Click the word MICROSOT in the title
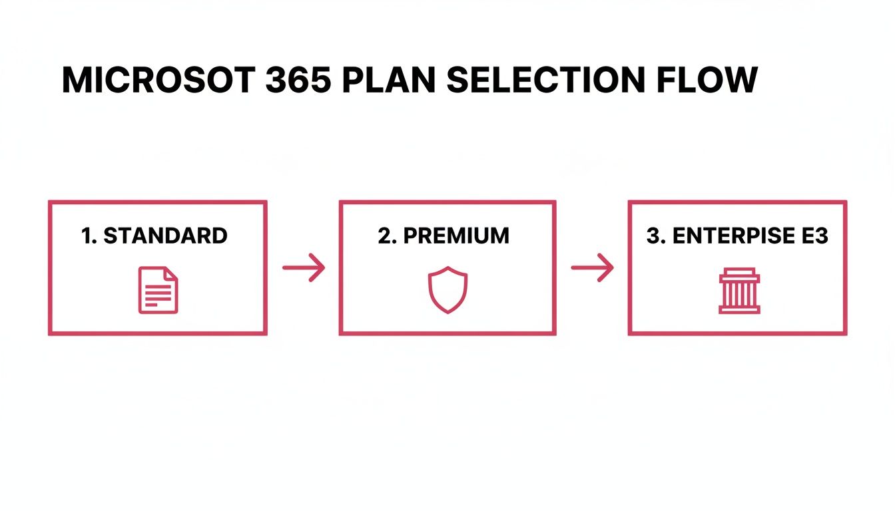click(157, 81)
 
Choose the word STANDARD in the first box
click(166, 236)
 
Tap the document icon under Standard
click(158, 290)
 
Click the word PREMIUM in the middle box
click(456, 236)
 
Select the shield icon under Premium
click(447, 290)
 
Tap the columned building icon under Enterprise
click(739, 291)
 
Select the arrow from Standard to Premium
click(304, 268)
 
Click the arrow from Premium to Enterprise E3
click(592, 268)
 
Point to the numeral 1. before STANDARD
click(89, 236)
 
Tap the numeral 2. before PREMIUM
click(387, 236)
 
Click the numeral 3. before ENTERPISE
click(656, 236)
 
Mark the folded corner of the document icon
click(172, 273)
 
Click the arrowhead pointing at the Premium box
click(320, 268)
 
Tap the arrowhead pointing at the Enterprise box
click(607, 268)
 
